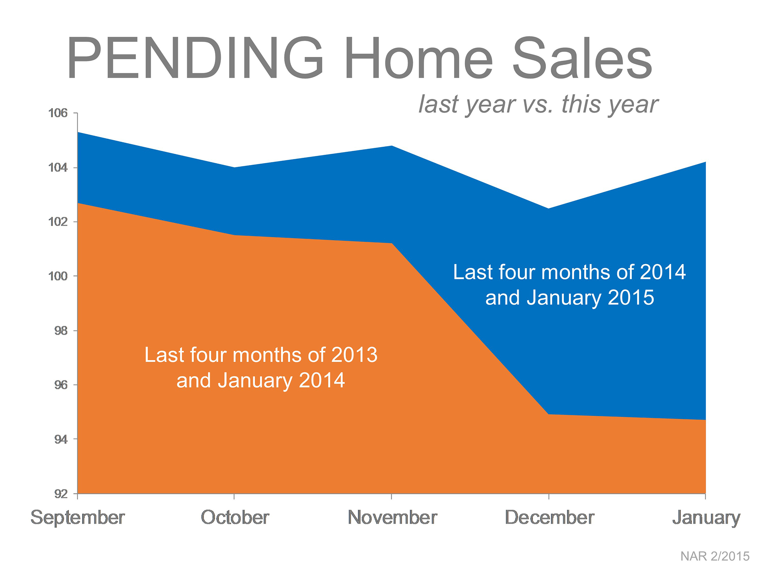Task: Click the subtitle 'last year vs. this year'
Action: (538, 104)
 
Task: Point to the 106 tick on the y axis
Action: (58, 113)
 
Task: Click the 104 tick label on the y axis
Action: (58, 168)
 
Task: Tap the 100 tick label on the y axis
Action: (58, 276)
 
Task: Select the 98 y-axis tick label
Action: (61, 331)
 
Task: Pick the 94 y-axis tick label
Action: (61, 440)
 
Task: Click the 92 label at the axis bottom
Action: (61, 494)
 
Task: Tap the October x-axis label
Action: (235, 518)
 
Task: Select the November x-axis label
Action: (392, 518)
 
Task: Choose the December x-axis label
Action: (550, 518)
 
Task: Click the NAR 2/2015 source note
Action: (715, 556)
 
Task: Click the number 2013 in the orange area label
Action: (354, 355)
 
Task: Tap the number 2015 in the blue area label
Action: (631, 298)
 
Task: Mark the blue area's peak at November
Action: (392, 146)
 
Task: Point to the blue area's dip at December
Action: (549, 209)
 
